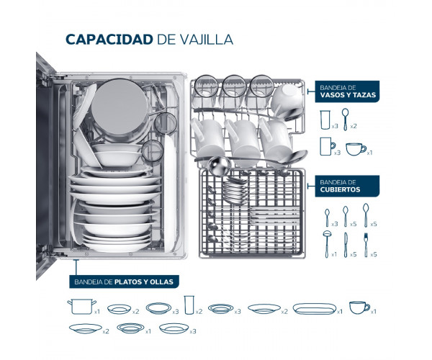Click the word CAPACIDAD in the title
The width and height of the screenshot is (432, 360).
click(108, 39)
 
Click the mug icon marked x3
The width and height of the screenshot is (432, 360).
click(326, 147)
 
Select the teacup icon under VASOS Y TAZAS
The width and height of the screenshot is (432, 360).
click(356, 148)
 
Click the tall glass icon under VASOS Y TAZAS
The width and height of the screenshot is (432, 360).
click(326, 118)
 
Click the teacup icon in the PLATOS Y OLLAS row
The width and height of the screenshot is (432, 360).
click(358, 307)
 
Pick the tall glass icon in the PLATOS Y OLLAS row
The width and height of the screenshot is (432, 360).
click(189, 305)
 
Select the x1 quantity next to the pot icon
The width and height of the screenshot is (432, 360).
click(96, 312)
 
